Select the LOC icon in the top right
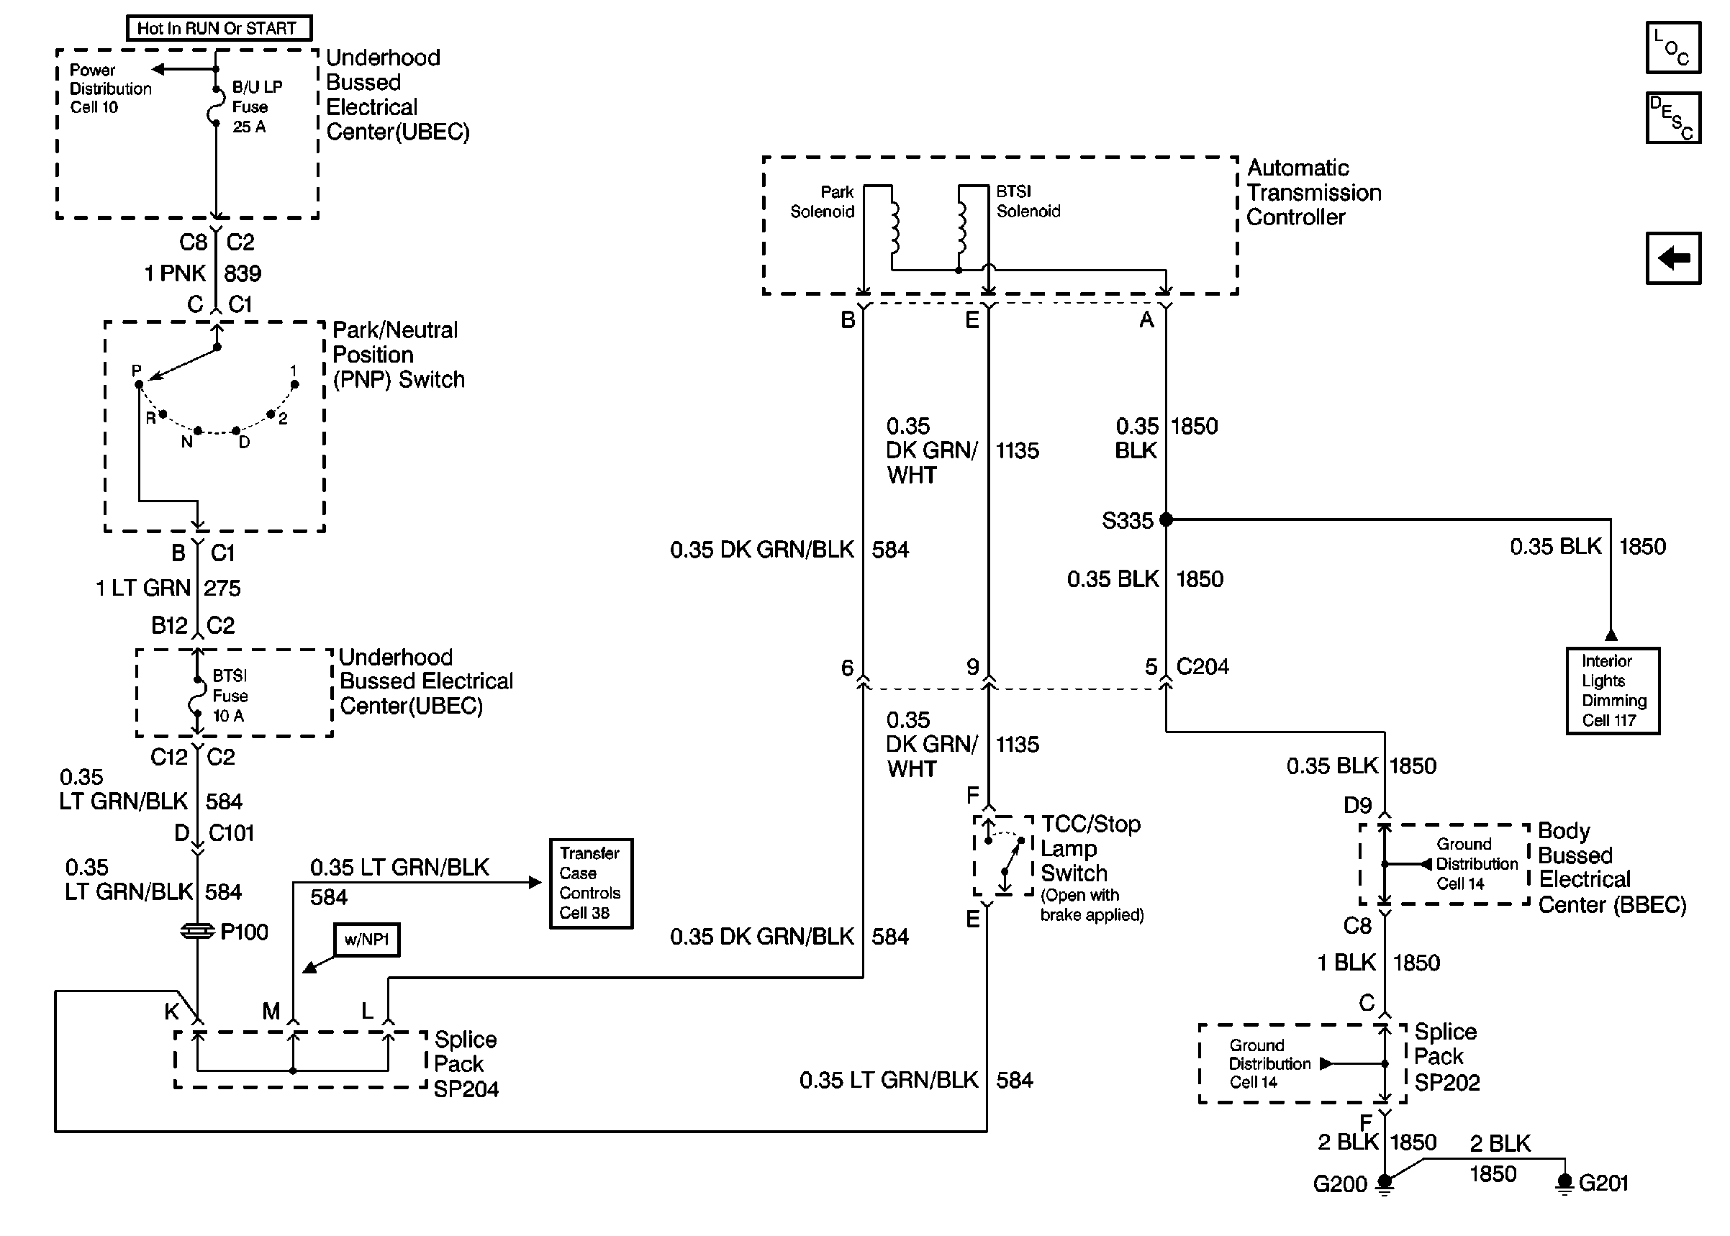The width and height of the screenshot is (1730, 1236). tap(1672, 47)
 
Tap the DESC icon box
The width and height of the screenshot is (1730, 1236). tap(1672, 118)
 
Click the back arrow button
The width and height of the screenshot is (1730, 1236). tap(1672, 258)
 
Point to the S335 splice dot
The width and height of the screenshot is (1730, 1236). tap(1166, 520)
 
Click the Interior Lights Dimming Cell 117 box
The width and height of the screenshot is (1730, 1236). tap(1612, 690)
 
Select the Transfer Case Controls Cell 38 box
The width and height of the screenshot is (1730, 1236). tap(591, 883)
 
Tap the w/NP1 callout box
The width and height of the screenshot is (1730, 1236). tap(366, 939)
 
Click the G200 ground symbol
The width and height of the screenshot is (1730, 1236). tap(1385, 1183)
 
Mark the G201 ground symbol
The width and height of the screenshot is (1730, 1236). tap(1564, 1183)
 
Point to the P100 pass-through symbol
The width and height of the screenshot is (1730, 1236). tap(198, 932)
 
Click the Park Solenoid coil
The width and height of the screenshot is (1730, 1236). tap(894, 227)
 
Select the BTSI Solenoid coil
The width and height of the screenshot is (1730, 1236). tap(961, 227)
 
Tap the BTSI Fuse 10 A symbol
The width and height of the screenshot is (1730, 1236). tap(197, 696)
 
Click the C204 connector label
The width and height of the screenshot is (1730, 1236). tap(1203, 667)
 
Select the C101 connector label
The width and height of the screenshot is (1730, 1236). tap(232, 833)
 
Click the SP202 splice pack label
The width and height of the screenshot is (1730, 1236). tap(1447, 1082)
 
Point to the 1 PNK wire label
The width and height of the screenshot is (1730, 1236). tap(175, 273)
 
